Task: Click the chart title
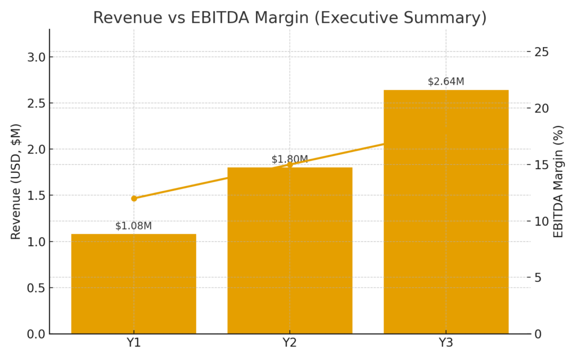[289, 17]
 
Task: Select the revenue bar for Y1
[134, 283]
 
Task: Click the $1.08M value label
[133, 226]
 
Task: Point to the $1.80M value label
[290, 159]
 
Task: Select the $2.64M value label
[446, 82]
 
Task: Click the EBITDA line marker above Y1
[134, 199]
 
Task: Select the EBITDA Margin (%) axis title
[558, 182]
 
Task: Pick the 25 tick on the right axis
[542, 52]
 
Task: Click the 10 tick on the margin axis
[542, 221]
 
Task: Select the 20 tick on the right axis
[542, 108]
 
